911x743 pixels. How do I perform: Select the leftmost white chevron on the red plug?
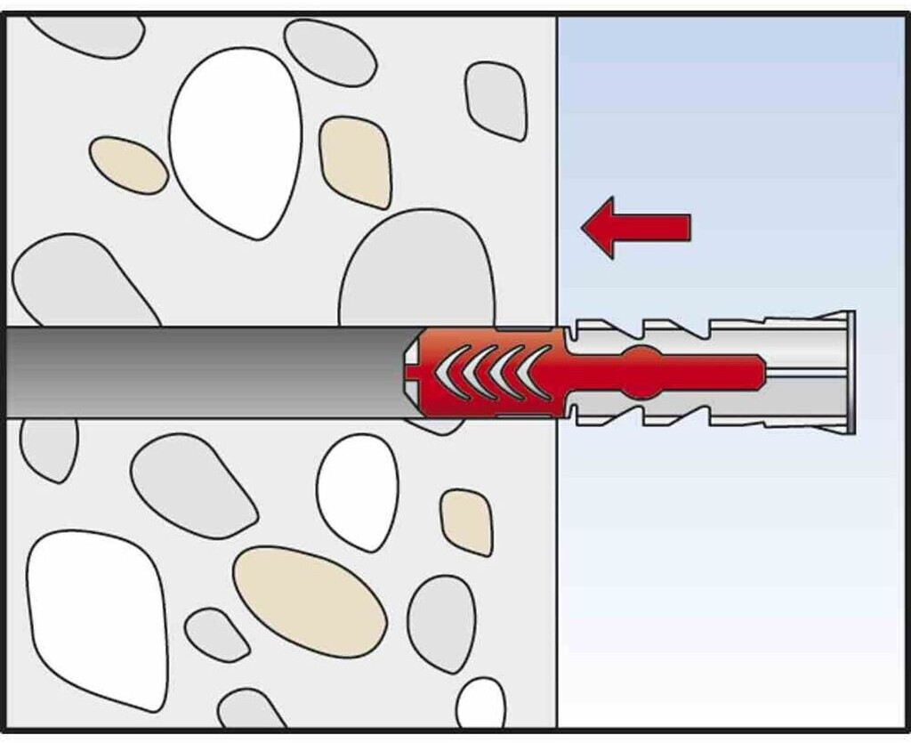tap(447, 372)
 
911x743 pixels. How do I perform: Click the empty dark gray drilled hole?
tap(205, 372)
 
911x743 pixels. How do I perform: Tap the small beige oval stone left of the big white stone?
tap(128, 165)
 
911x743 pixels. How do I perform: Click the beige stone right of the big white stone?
tap(356, 160)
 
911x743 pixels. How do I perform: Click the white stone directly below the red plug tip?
tap(358, 492)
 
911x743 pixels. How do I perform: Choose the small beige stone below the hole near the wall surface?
tap(467, 521)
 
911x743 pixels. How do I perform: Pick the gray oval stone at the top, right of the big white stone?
tap(330, 52)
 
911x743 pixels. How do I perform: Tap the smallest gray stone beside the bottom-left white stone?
tap(216, 634)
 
